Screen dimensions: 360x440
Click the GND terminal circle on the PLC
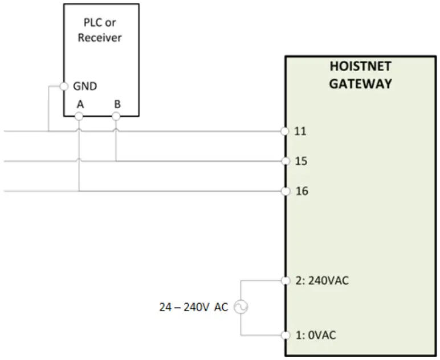64,87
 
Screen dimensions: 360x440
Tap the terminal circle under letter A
79,116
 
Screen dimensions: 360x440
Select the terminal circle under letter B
116,116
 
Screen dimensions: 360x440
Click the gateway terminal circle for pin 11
285,131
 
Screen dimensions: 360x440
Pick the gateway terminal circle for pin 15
285,161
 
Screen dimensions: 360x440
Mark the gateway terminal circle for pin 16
285,191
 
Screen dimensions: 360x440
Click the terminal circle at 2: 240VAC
285,280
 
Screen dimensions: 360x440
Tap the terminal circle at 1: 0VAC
285,334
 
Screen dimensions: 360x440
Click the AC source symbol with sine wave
241,308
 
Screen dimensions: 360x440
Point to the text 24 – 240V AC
193,308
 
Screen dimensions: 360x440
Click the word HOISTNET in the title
360,66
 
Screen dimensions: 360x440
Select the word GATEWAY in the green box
360,84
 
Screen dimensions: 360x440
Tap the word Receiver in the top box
100,38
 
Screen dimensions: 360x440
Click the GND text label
85,87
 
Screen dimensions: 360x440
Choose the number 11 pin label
301,132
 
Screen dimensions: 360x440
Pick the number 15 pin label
301,162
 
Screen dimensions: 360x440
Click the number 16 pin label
301,191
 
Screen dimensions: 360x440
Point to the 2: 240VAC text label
323,281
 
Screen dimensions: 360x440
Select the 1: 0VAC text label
315,335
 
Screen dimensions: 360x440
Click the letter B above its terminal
117,104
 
